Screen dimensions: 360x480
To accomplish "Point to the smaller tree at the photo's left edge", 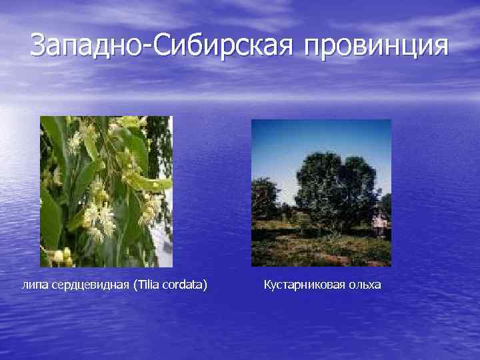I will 264,200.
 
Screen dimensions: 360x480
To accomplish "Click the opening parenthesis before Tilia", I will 135,285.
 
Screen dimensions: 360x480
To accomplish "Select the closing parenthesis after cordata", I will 205,285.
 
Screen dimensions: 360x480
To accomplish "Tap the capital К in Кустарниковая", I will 267,285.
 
